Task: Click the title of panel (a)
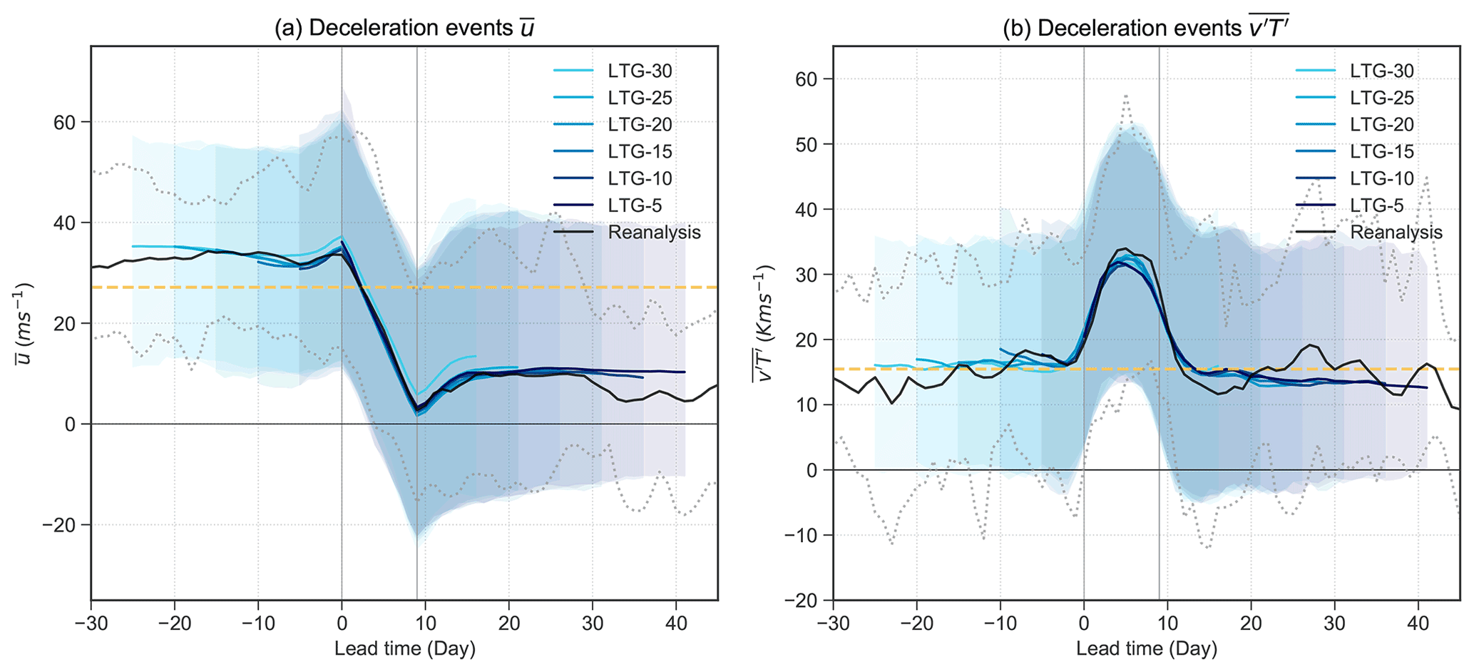404,28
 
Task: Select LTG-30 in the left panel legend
640,71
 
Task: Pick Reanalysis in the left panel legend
654,233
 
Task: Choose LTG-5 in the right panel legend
1376,205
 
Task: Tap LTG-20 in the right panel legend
1381,125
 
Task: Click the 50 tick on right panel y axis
807,144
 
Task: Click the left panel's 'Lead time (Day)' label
404,648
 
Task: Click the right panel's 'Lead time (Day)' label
1146,648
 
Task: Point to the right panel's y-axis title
763,323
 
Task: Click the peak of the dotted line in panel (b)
1125,95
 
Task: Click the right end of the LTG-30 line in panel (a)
476,355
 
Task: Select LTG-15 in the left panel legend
640,151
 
